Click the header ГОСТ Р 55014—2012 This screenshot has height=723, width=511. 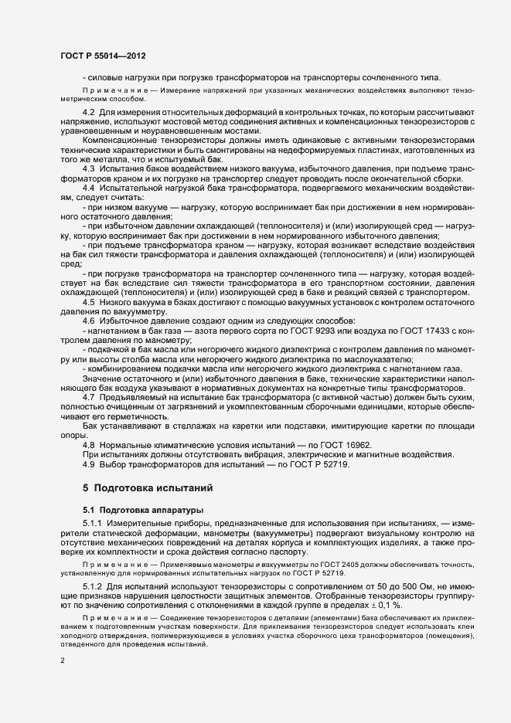tap(103, 56)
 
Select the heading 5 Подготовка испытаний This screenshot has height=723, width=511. tap(143, 488)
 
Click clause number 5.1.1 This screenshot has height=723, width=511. tap(92, 525)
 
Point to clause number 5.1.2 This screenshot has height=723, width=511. tap(92, 589)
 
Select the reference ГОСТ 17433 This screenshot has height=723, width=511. tap(434, 331)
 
